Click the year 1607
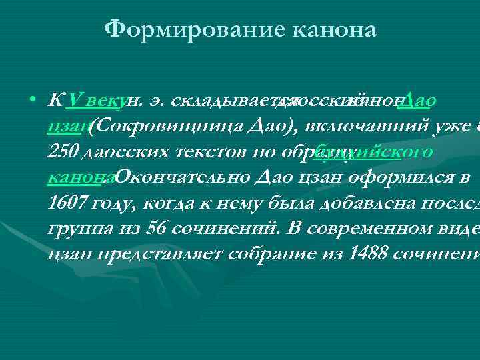(x=66, y=203)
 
